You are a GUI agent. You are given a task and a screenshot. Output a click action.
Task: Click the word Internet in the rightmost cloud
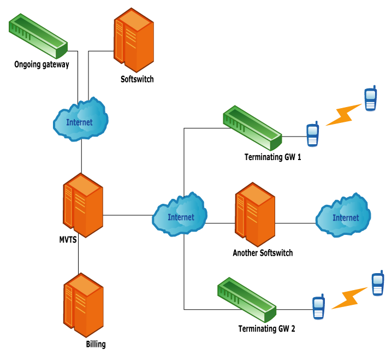[346, 218]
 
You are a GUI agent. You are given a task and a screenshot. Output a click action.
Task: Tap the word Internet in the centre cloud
[181, 217]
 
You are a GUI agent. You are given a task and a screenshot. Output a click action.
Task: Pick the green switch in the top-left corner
[38, 37]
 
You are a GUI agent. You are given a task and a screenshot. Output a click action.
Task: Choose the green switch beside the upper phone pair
[252, 128]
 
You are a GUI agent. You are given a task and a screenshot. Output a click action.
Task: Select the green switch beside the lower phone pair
[246, 300]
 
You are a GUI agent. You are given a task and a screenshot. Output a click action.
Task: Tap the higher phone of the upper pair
[371, 99]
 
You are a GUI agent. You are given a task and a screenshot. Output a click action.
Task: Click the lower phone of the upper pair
[312, 134]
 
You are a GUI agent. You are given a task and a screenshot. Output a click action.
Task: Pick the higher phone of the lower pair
[378, 284]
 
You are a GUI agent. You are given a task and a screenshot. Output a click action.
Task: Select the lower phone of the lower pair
[319, 308]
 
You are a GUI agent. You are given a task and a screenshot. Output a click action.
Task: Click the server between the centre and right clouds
[254, 214]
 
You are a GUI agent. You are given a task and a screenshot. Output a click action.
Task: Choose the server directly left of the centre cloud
[82, 205]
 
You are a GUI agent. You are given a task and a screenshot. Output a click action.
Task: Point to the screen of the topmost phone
[371, 95]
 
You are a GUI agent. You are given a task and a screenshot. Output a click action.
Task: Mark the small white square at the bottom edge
[77, 344]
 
